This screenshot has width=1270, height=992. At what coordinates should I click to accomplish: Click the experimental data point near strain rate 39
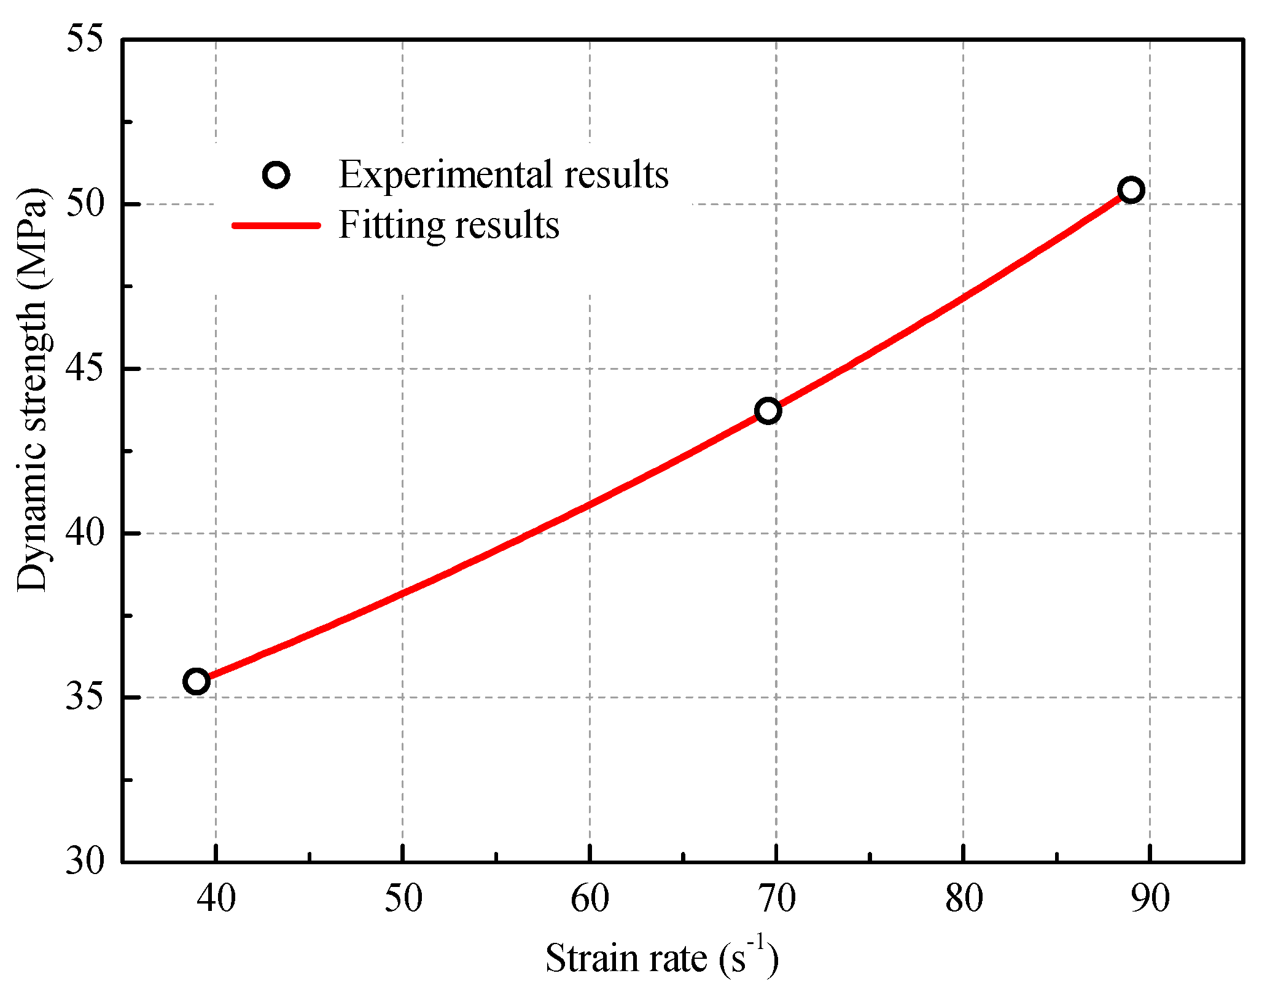point(197,681)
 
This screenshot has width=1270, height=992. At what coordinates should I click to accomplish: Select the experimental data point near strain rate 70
point(768,411)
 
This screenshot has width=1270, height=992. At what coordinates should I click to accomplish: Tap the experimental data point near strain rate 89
point(1131,190)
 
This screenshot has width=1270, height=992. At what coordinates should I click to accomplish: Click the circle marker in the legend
point(276,175)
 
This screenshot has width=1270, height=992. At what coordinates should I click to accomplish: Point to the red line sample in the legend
point(276,225)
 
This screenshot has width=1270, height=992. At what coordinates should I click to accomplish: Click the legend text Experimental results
point(503,174)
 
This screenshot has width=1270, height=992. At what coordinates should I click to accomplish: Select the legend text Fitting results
point(448,225)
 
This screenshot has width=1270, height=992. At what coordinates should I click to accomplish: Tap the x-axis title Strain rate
point(661,958)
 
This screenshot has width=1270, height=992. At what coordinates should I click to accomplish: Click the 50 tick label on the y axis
point(85,205)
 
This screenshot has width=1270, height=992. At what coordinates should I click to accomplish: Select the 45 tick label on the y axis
point(85,369)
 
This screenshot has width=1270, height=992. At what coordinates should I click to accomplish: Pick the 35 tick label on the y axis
point(85,698)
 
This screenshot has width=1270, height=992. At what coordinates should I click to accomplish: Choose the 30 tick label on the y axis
point(85,861)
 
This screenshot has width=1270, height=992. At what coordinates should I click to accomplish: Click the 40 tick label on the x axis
point(216,899)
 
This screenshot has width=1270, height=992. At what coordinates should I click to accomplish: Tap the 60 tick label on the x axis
point(590,899)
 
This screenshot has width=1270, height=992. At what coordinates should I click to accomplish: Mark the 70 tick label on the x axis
point(776,899)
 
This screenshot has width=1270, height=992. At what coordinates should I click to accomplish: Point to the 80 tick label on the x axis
point(963,899)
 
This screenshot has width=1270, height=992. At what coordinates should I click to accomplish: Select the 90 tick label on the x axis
point(1150,899)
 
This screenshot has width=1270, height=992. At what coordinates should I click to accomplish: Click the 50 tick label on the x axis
point(403,899)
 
